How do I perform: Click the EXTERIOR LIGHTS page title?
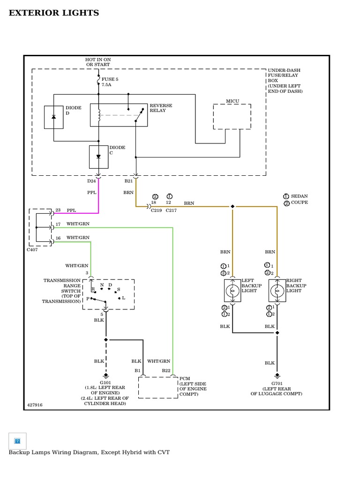(54, 13)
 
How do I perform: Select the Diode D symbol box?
(53, 117)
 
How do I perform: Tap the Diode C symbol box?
(98, 157)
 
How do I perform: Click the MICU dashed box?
(232, 117)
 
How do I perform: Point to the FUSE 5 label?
(110, 80)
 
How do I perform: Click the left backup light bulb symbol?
(232, 291)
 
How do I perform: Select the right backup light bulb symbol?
(277, 291)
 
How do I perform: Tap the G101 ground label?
(105, 382)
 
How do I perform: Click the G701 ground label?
(277, 383)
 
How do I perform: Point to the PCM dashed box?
(158, 387)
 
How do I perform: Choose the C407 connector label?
(32, 250)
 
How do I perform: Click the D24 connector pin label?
(91, 181)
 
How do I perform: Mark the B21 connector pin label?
(128, 181)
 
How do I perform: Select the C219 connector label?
(156, 210)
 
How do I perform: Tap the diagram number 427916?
(35, 405)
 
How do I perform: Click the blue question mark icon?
(17, 441)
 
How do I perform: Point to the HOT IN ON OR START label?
(98, 62)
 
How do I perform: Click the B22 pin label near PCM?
(166, 370)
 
